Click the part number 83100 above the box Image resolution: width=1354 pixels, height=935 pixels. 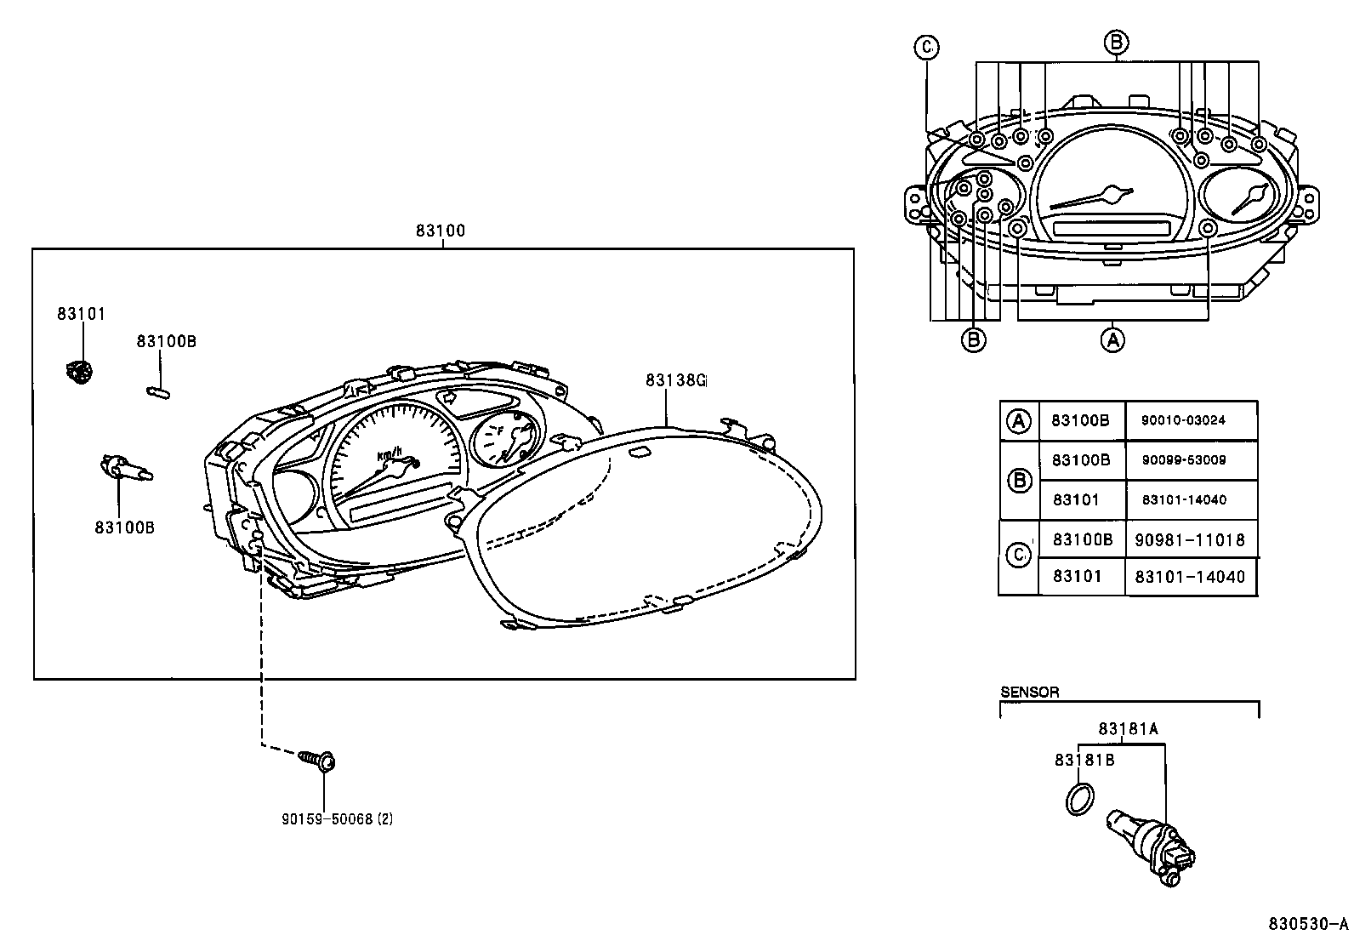pyautogui.click(x=440, y=231)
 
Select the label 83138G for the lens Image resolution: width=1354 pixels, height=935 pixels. pyautogui.click(x=674, y=380)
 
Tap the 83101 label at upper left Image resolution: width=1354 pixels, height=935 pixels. pyautogui.click(x=81, y=314)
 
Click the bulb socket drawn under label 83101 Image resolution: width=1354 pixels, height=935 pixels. pyautogui.click(x=79, y=372)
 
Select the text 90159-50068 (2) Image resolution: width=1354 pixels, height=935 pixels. pyautogui.click(x=337, y=819)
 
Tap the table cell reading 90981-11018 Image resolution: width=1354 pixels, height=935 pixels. pyautogui.click(x=1190, y=540)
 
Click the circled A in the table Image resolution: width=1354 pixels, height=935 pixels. pyautogui.click(x=1018, y=420)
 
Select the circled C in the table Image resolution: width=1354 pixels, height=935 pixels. pyautogui.click(x=1018, y=556)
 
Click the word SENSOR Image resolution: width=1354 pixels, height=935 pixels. pyautogui.click(x=1029, y=693)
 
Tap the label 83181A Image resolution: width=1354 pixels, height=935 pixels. pyautogui.click(x=1128, y=728)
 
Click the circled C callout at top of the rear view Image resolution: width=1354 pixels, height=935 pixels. pyautogui.click(x=926, y=48)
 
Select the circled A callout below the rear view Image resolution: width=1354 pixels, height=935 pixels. pyautogui.click(x=1112, y=339)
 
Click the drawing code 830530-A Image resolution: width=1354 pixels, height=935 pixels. pyautogui.click(x=1307, y=924)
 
